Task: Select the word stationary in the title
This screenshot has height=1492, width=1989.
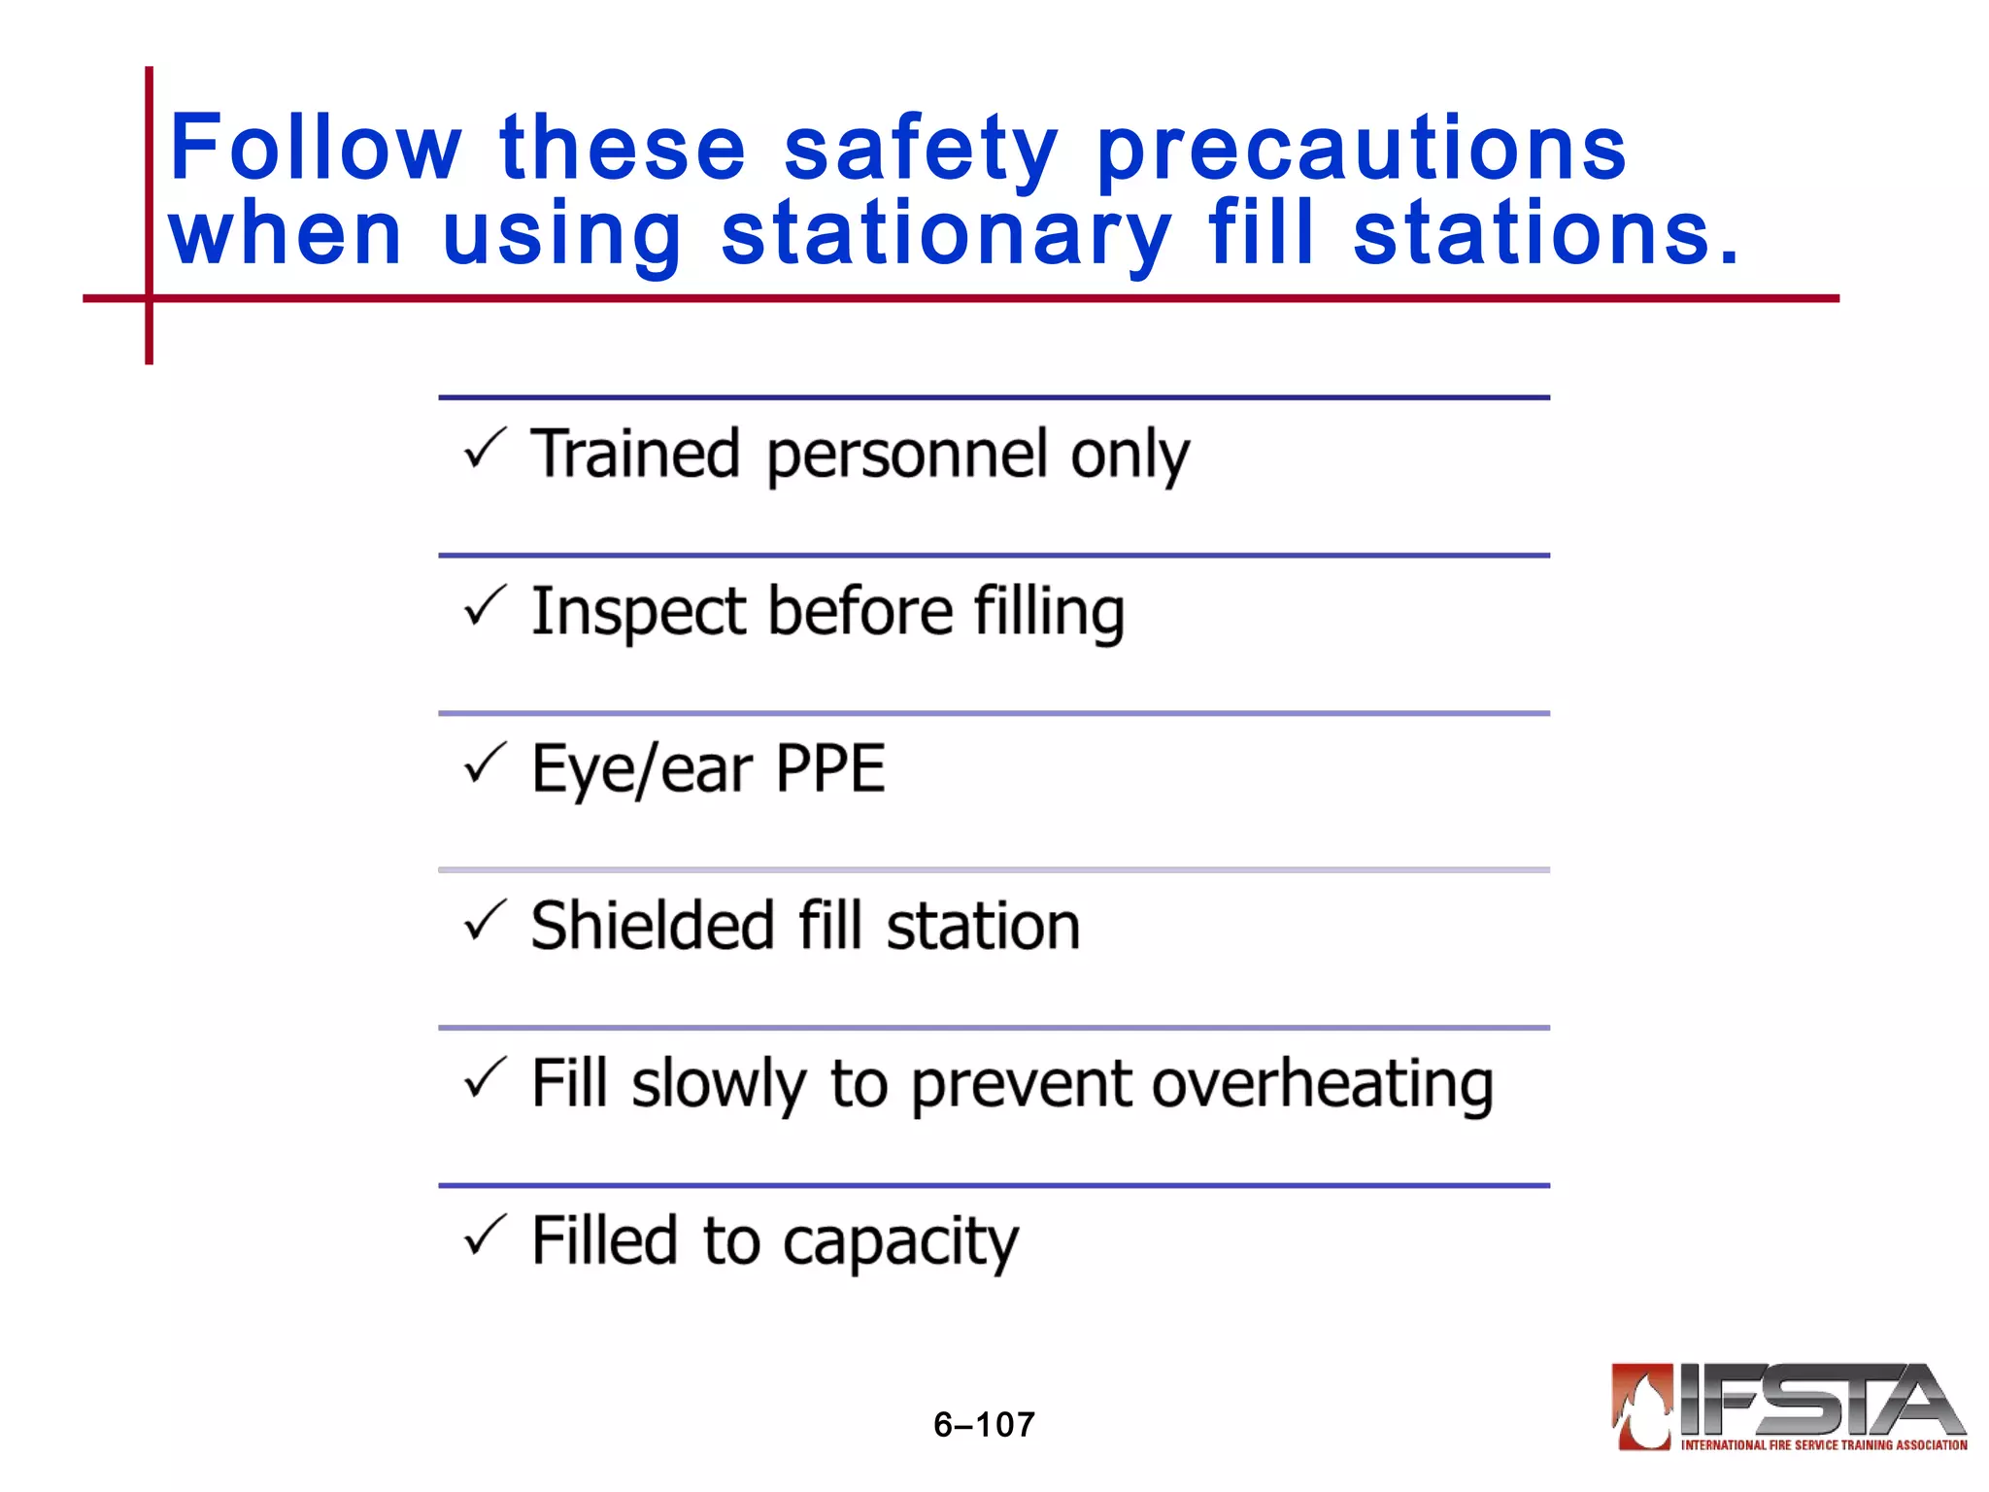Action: coord(946,234)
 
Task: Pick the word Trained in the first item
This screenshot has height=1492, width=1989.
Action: coord(635,454)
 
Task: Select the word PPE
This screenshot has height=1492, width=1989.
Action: coord(830,769)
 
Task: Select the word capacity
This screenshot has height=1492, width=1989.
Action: coord(900,1243)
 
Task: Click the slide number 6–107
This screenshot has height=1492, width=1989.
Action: coord(984,1425)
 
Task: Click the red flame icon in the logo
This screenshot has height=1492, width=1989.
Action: coord(1642,1406)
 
